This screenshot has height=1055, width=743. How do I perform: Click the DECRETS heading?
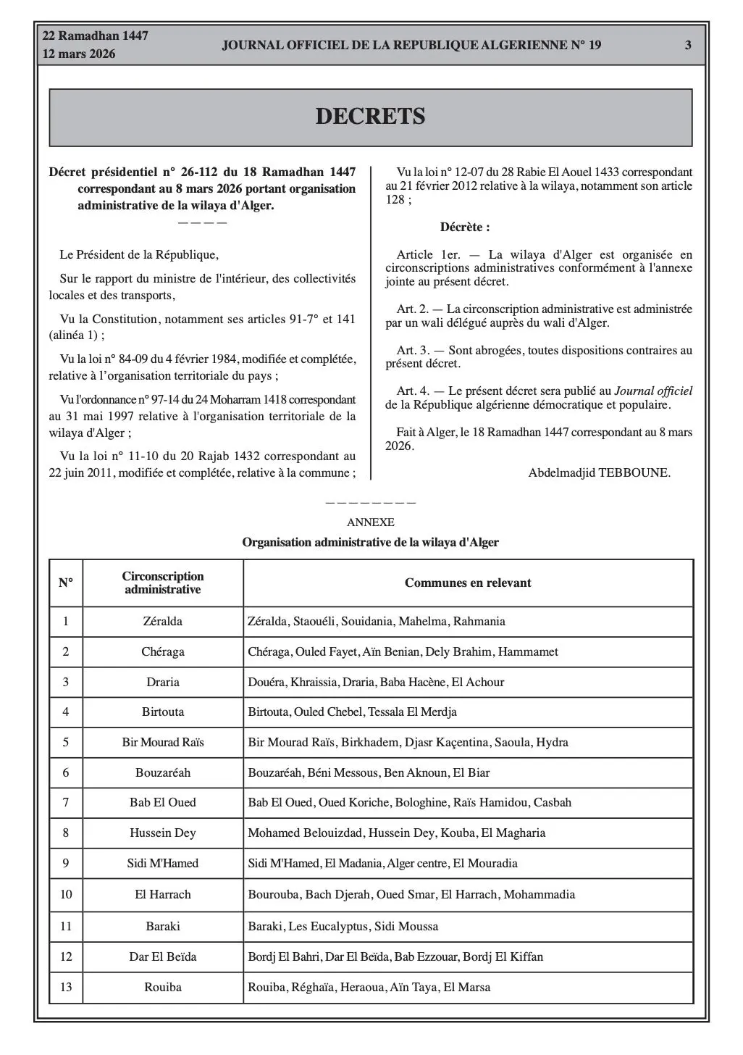point(370,117)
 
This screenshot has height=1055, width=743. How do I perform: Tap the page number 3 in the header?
point(688,45)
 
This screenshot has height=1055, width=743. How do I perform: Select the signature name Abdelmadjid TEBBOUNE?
point(599,472)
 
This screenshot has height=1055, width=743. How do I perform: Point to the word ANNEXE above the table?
point(370,522)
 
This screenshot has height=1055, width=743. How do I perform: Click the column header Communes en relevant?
point(468,583)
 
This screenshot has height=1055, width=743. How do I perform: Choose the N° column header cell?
point(66,583)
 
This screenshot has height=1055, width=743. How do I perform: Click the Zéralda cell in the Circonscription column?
point(163,621)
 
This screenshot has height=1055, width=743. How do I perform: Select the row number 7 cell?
point(66,802)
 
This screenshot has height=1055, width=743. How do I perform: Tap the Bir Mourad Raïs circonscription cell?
point(163,742)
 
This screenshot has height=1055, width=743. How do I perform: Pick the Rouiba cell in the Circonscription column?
point(163,987)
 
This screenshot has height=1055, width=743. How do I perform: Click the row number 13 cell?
point(66,987)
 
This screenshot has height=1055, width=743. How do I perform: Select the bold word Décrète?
point(465,227)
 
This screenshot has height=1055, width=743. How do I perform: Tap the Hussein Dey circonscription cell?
point(163,833)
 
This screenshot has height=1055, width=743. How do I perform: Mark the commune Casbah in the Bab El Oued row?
point(553,802)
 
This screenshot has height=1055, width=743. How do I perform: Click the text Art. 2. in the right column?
point(412,309)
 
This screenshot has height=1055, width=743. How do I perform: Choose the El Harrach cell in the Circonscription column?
point(163,894)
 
